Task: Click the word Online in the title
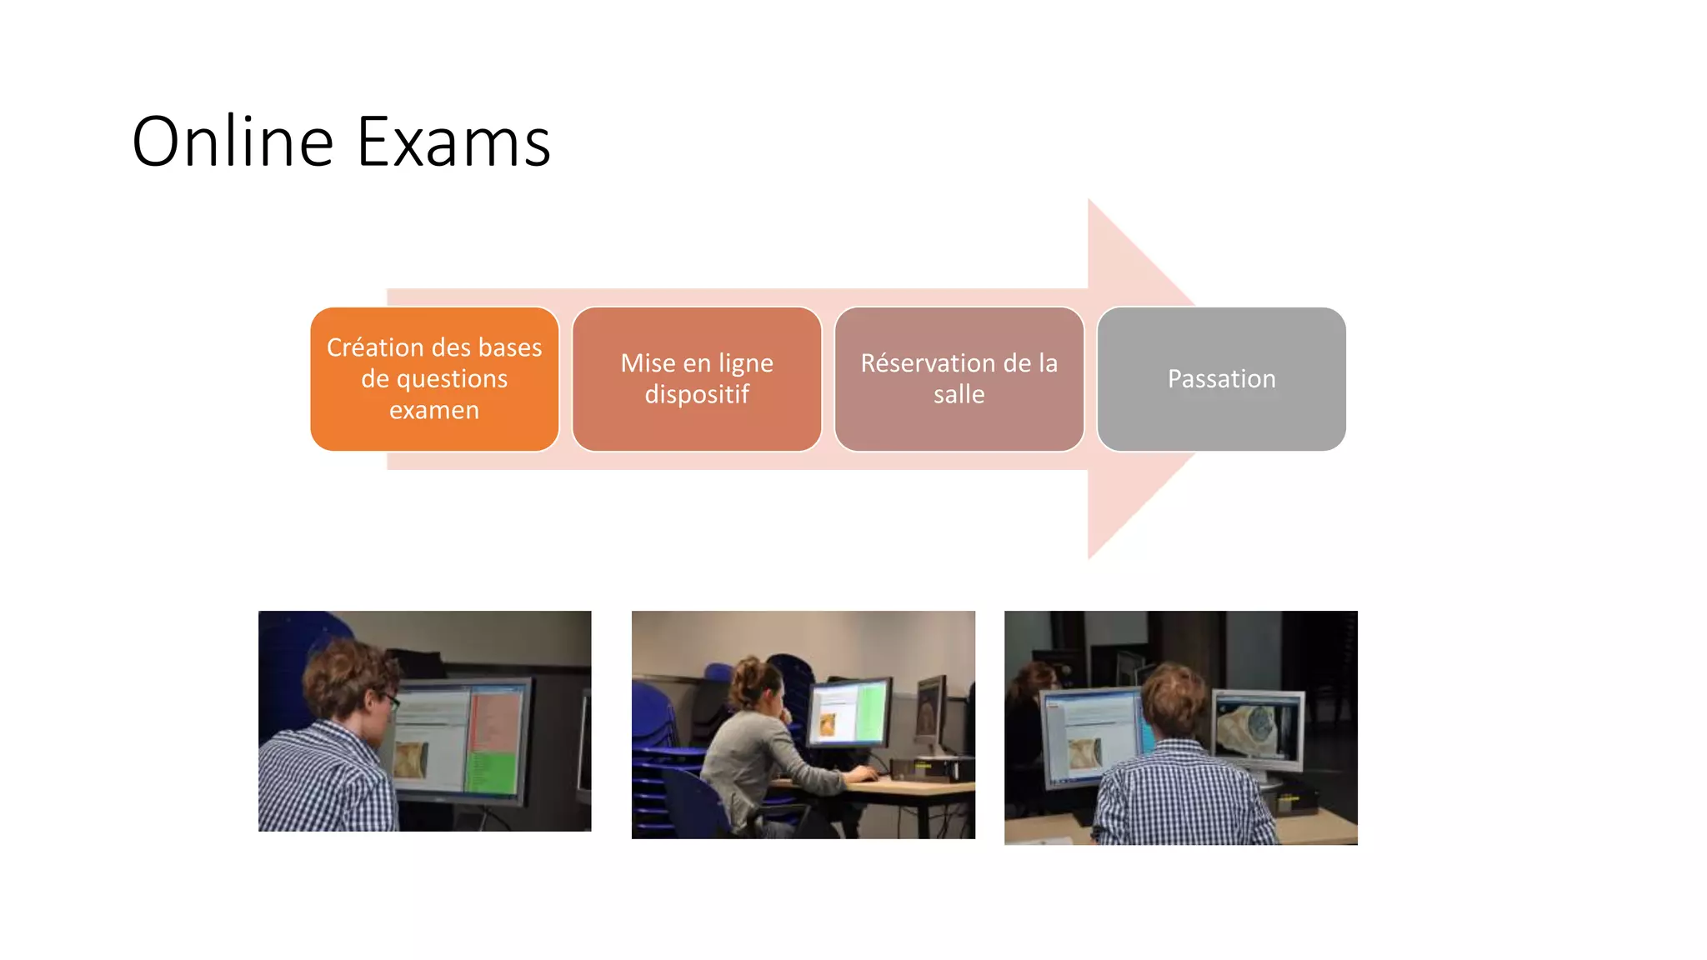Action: pos(233,142)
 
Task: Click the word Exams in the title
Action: pos(454,142)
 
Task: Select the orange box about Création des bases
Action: pos(434,379)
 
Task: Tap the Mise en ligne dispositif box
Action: pos(697,379)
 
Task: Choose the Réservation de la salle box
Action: pos(959,379)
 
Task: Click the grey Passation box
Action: pos(1221,379)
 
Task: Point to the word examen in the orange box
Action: pos(434,411)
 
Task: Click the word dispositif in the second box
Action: pos(697,395)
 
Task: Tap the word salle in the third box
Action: pos(959,395)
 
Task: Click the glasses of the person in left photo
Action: pos(390,700)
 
